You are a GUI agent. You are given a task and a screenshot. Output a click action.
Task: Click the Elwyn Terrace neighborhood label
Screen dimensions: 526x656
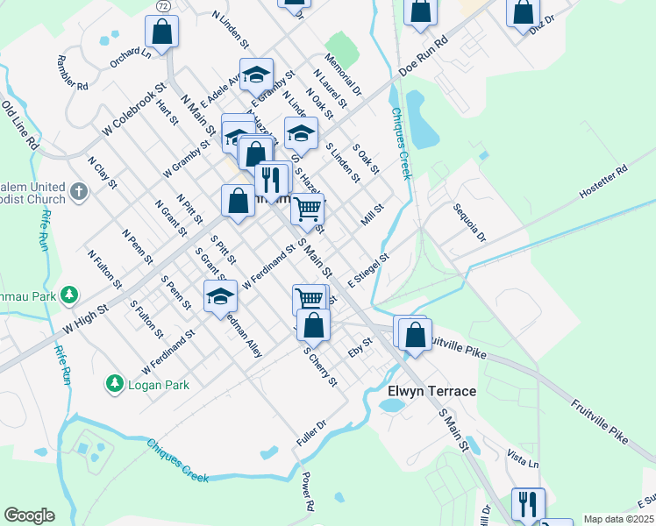coord(432,391)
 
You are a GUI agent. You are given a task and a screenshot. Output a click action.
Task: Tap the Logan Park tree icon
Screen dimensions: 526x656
coord(113,383)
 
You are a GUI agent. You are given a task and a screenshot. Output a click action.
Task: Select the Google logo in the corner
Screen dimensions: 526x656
coord(29,515)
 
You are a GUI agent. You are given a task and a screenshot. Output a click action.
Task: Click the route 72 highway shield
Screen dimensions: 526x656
coord(164,5)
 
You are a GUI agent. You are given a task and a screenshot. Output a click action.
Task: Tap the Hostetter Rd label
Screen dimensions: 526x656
coord(604,181)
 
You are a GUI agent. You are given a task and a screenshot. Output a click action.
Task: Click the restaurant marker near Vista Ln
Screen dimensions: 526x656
coord(528,503)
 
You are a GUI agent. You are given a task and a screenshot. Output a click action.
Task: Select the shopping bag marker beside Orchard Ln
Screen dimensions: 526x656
coord(163,32)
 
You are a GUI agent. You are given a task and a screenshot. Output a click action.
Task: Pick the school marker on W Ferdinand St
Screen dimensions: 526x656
coord(220,296)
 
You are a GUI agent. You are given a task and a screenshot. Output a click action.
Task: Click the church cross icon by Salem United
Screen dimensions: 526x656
coord(79,190)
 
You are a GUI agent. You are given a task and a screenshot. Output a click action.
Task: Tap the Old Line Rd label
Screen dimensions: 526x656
coord(20,124)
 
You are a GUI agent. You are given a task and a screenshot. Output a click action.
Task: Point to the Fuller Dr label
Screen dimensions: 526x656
coord(311,434)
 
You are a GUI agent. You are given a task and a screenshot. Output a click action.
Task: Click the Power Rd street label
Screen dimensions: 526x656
coord(308,492)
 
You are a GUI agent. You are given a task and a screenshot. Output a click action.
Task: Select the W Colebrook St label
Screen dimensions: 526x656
coord(133,110)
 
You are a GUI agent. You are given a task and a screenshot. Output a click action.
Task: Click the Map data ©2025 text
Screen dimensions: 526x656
coord(619,519)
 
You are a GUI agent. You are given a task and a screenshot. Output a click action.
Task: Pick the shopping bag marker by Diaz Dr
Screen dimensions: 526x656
coord(522,11)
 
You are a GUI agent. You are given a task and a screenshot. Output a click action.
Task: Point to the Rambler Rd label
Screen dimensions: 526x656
coord(73,74)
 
